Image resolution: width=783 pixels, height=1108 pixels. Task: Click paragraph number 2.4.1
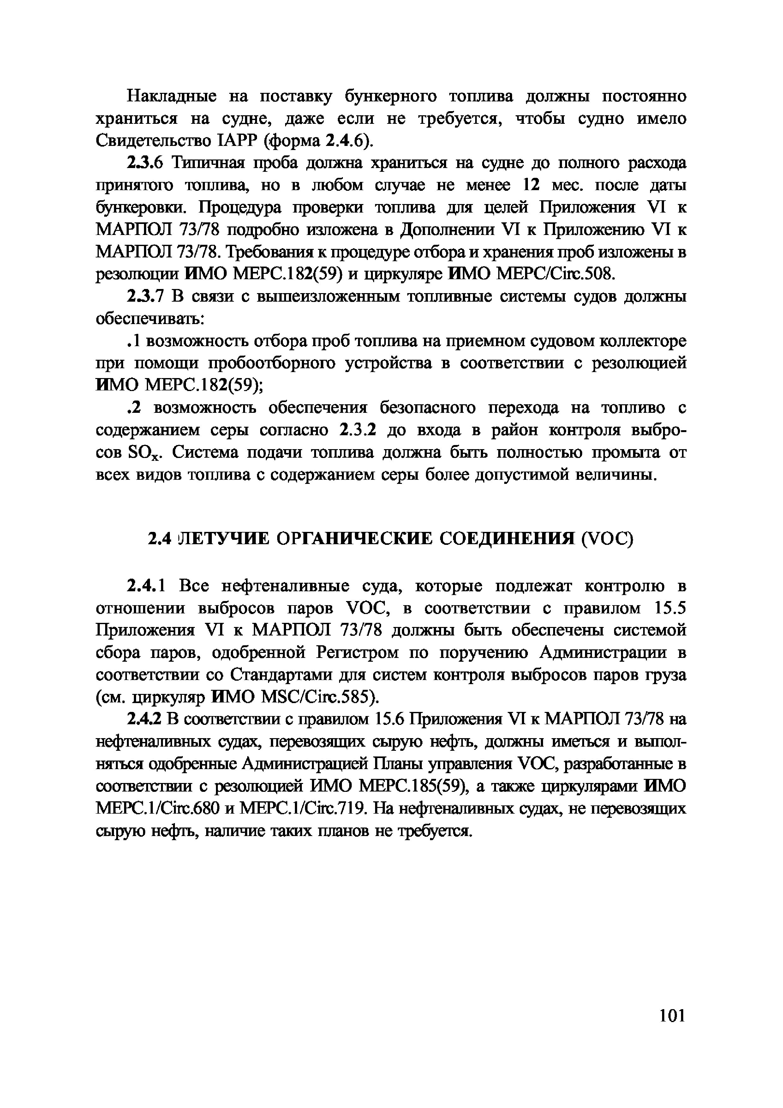pyautogui.click(x=146, y=586)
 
